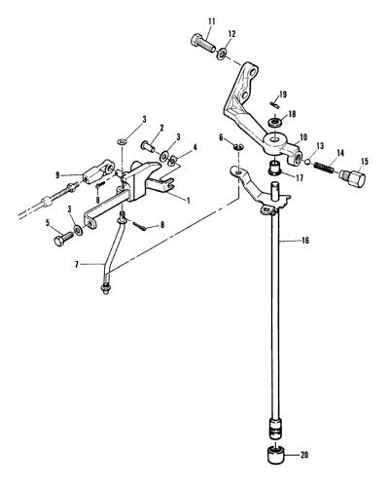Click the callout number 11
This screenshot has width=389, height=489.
[211, 21]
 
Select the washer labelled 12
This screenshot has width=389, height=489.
[222, 54]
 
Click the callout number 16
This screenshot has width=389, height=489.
[305, 241]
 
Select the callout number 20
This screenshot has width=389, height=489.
[304, 455]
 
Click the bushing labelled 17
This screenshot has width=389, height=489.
[275, 168]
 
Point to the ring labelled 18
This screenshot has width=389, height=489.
[276, 123]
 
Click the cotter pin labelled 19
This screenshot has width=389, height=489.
[274, 104]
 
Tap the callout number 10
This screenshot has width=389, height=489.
[303, 137]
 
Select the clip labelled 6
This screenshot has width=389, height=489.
[239, 146]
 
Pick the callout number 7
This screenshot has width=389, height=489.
[77, 265]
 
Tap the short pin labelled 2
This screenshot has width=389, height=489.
[149, 146]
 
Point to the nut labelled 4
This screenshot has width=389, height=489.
[174, 160]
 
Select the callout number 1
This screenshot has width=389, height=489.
[188, 201]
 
